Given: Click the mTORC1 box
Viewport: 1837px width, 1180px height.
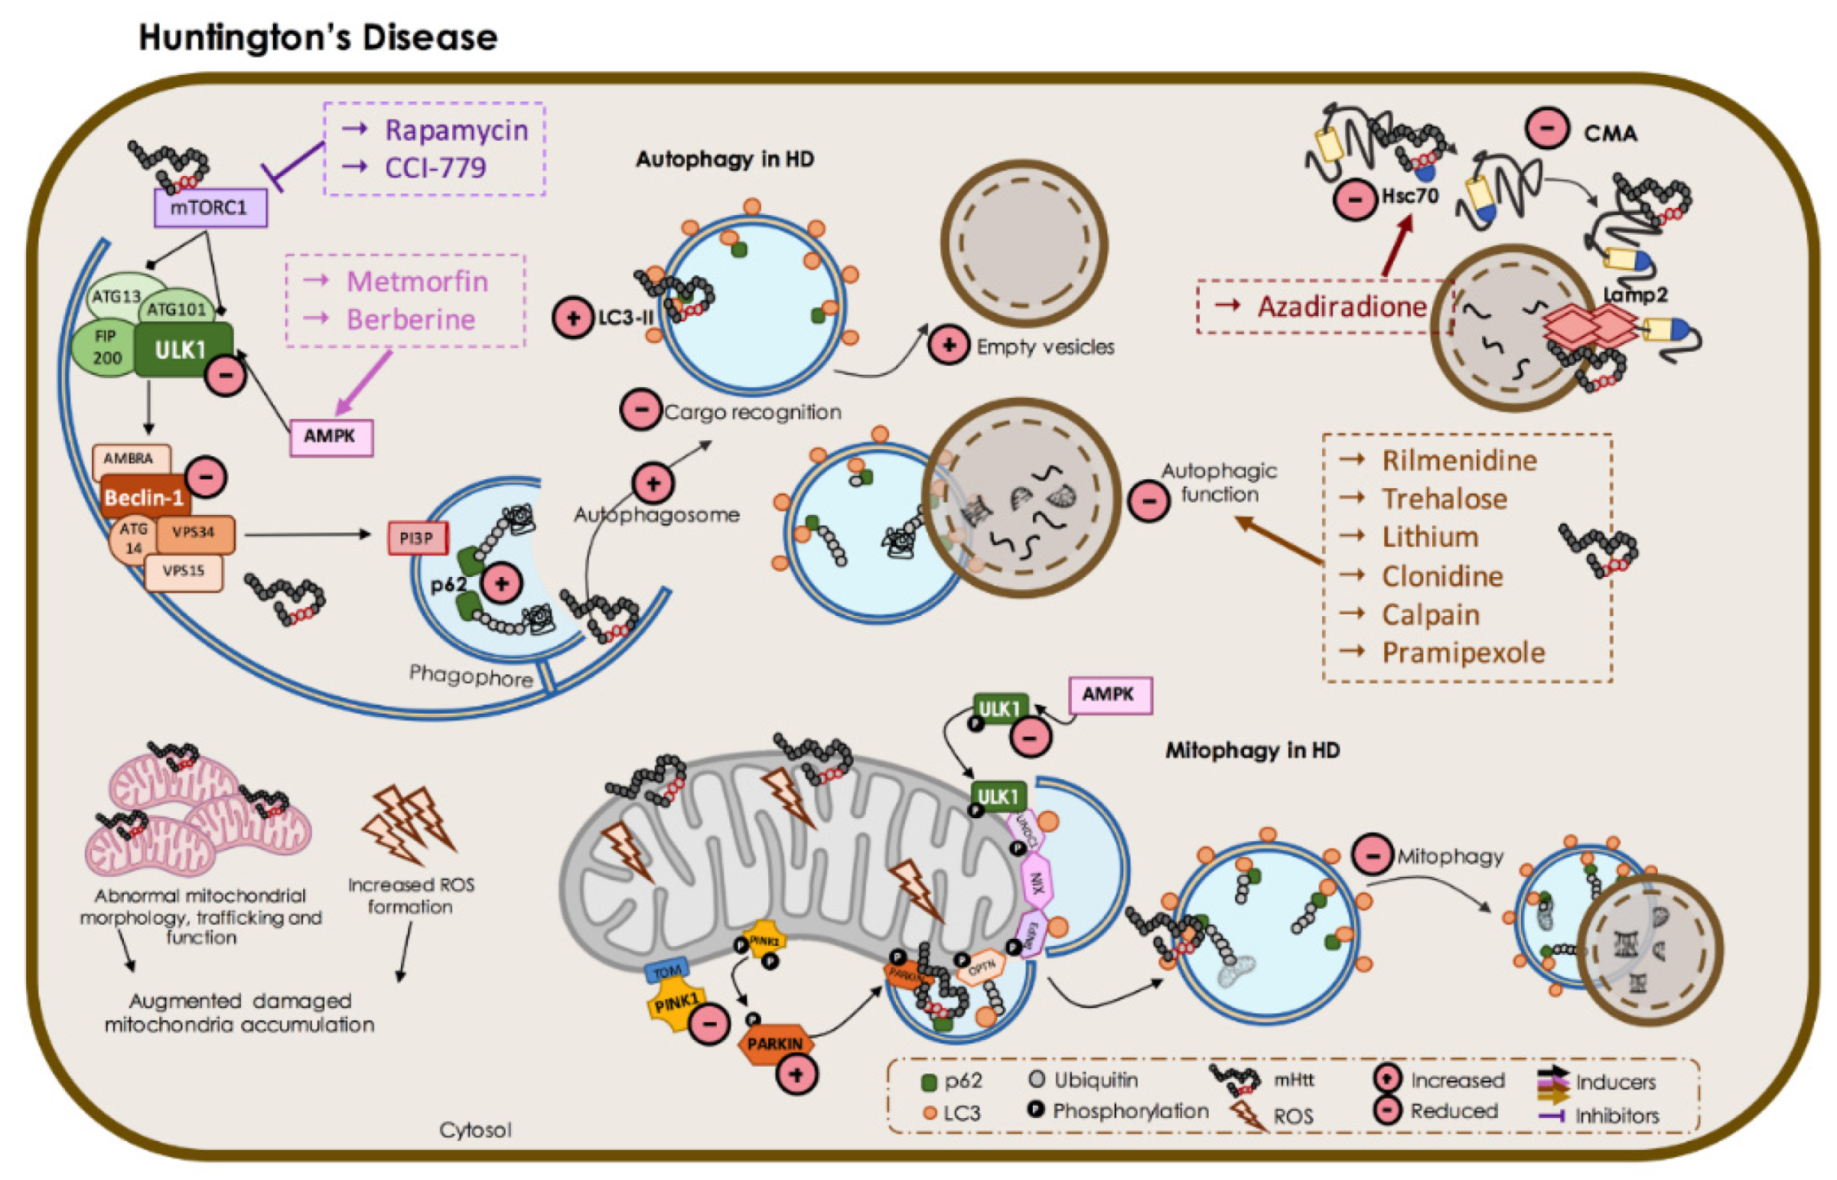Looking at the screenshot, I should [210, 208].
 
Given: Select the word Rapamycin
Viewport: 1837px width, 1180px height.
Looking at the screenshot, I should [456, 130].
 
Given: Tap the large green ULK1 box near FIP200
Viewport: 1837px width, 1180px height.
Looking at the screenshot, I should [181, 350].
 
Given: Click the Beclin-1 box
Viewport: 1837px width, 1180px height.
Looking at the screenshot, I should [143, 497].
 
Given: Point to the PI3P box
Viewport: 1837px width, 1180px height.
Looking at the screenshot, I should [417, 539].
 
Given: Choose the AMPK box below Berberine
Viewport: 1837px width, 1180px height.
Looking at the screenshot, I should [330, 437].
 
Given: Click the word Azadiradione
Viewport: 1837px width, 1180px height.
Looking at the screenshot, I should [1342, 306].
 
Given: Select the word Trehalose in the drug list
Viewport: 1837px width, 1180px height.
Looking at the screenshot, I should [1444, 499].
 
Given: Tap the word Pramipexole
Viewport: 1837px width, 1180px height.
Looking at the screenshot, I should [1462, 653].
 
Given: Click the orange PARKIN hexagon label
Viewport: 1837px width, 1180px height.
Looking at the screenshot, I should [775, 1044].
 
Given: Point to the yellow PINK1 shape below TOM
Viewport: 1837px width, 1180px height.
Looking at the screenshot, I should [674, 1004].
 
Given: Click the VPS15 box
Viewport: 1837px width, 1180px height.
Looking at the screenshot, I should [183, 571].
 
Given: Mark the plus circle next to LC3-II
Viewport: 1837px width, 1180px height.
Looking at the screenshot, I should [573, 318].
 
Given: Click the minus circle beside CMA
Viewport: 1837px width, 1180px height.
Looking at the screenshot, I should [1546, 129].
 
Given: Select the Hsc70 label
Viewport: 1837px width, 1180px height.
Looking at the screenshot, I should [1409, 196].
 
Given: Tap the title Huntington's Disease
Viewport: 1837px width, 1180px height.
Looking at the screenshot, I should [318, 37].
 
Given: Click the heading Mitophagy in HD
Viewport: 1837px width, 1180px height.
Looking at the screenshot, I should [1252, 751].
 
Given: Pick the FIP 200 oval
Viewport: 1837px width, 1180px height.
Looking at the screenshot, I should [106, 347].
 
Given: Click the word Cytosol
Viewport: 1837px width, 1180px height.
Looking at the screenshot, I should [475, 1130].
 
